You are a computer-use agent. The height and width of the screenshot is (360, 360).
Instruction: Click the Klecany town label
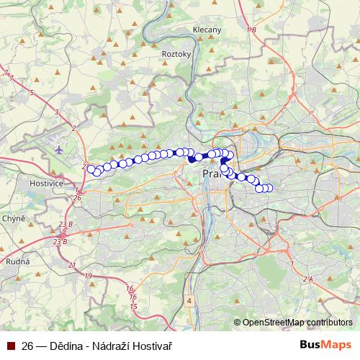[x=207, y=30]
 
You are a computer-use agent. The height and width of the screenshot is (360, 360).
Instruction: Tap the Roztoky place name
[x=176, y=53]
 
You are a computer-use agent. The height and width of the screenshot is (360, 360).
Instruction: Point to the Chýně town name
[x=14, y=217]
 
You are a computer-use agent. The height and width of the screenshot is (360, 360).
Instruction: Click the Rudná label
[x=17, y=261]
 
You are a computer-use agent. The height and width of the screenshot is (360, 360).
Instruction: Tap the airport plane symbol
[x=58, y=150]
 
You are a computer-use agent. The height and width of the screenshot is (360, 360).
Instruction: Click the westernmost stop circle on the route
[x=91, y=169]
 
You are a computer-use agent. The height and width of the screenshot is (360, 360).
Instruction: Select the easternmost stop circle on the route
[x=270, y=189]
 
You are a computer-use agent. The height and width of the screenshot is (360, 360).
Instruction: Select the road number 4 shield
[x=189, y=300]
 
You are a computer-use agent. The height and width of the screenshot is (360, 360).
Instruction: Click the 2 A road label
[x=308, y=279]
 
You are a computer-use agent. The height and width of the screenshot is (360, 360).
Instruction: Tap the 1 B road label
[x=251, y=30]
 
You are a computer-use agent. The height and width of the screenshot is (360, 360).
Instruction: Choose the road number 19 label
[x=88, y=276]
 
